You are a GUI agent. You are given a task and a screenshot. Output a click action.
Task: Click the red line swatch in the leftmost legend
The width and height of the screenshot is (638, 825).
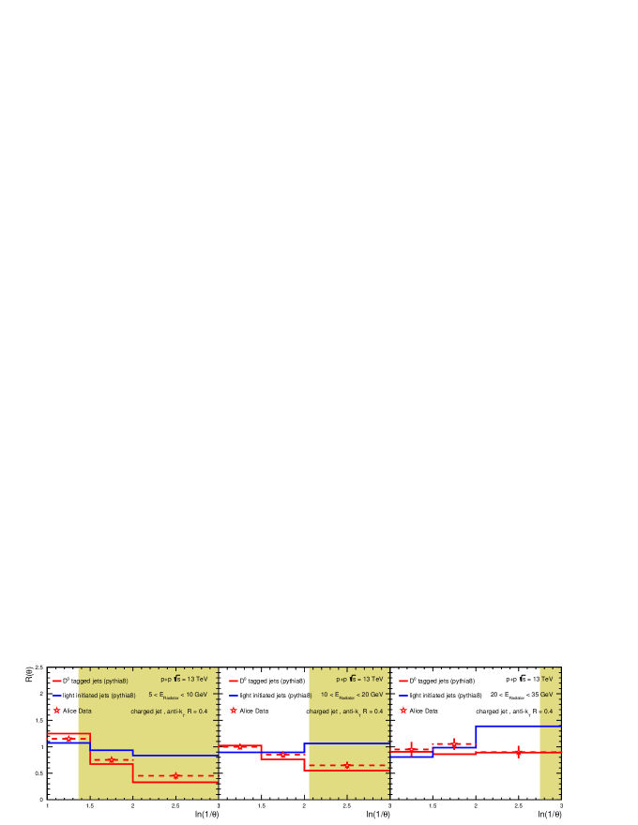[56, 681]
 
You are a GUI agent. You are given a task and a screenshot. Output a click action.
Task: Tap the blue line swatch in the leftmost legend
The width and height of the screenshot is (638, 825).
[56, 696]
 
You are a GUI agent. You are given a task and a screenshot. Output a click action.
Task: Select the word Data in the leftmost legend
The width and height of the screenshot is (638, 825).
[84, 711]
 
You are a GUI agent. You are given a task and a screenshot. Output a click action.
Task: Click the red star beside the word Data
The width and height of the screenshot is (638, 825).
[56, 711]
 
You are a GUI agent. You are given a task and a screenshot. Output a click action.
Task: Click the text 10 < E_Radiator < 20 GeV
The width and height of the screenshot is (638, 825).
[352, 696]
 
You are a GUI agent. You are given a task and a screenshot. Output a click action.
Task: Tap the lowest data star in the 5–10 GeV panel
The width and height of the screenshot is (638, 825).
[175, 775]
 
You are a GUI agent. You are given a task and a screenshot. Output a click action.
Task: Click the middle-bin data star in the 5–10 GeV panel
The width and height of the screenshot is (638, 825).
[111, 759]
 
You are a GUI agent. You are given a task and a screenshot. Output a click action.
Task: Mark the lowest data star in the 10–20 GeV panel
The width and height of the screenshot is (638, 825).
[347, 765]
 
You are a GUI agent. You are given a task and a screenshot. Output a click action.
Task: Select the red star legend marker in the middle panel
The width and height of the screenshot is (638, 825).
[234, 711]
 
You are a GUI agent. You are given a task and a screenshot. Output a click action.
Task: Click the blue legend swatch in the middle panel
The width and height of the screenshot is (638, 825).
[234, 696]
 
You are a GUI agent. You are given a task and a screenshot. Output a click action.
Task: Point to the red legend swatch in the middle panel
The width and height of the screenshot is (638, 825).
[234, 681]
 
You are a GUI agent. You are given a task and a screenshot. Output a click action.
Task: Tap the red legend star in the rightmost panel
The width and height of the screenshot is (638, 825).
[403, 711]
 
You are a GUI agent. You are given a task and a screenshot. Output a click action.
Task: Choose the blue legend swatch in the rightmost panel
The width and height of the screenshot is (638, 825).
[403, 696]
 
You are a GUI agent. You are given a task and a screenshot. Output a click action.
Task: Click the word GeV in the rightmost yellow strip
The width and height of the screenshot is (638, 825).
[546, 696]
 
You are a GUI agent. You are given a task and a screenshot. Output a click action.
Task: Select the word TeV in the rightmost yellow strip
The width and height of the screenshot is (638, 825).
[546, 680]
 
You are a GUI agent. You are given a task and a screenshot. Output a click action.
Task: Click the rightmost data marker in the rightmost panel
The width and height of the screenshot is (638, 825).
[518, 752]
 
